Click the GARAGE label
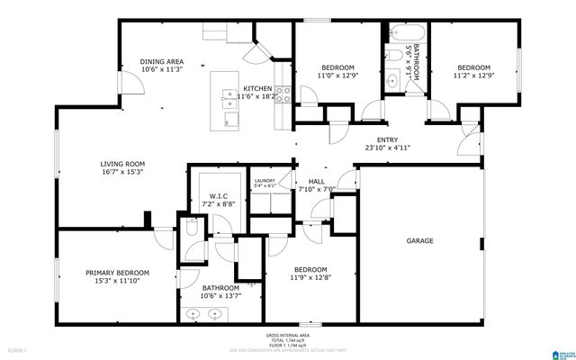coord(419,241)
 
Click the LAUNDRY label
coord(264,181)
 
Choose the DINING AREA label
coord(162,62)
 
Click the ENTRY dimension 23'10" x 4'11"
coord(387,148)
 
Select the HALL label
coord(316,181)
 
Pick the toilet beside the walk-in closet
coord(192,230)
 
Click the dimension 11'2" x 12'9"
coord(472,76)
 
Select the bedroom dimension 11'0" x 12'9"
coord(337,76)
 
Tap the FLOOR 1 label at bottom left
coord(18,348)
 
